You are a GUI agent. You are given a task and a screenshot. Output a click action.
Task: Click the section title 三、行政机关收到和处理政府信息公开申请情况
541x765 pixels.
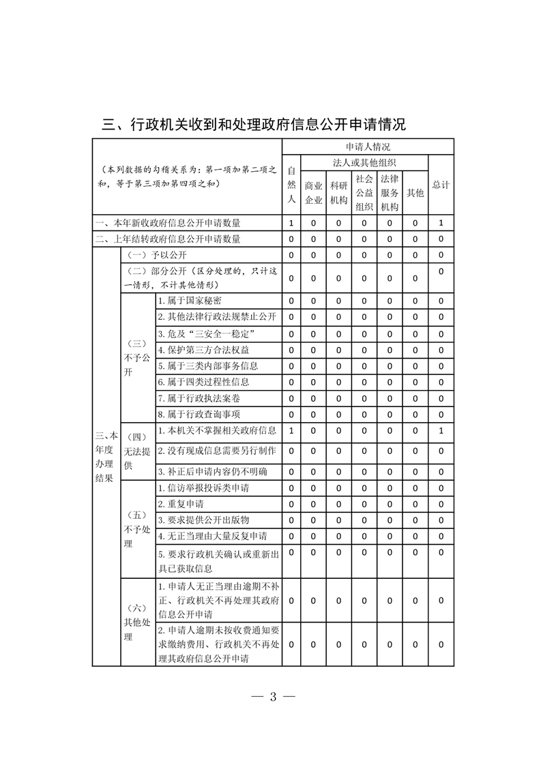[254, 125]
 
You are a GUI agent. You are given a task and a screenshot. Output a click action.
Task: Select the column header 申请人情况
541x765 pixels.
[368, 147]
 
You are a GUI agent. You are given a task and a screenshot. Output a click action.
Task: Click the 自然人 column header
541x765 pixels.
[291, 185]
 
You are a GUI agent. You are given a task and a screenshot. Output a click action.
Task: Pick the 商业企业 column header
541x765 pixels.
[313, 192]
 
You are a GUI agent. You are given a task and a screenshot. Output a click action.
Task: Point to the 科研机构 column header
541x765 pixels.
[338, 192]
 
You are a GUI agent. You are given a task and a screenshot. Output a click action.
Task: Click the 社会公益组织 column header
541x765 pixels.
[364, 192]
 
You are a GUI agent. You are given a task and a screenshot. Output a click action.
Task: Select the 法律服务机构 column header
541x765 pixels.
[389, 192]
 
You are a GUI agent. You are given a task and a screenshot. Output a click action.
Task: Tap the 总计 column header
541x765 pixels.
[441, 185]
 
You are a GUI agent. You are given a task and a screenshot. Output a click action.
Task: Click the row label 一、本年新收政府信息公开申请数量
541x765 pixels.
[168, 223]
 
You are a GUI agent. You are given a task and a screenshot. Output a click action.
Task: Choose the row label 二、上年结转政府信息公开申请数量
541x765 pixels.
[168, 239]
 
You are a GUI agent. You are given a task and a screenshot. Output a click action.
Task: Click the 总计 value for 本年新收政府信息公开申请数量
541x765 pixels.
[441, 223]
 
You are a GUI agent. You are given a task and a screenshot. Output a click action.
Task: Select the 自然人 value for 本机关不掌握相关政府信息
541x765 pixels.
[291, 431]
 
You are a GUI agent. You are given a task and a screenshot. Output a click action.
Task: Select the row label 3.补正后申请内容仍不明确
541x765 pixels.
[212, 472]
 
